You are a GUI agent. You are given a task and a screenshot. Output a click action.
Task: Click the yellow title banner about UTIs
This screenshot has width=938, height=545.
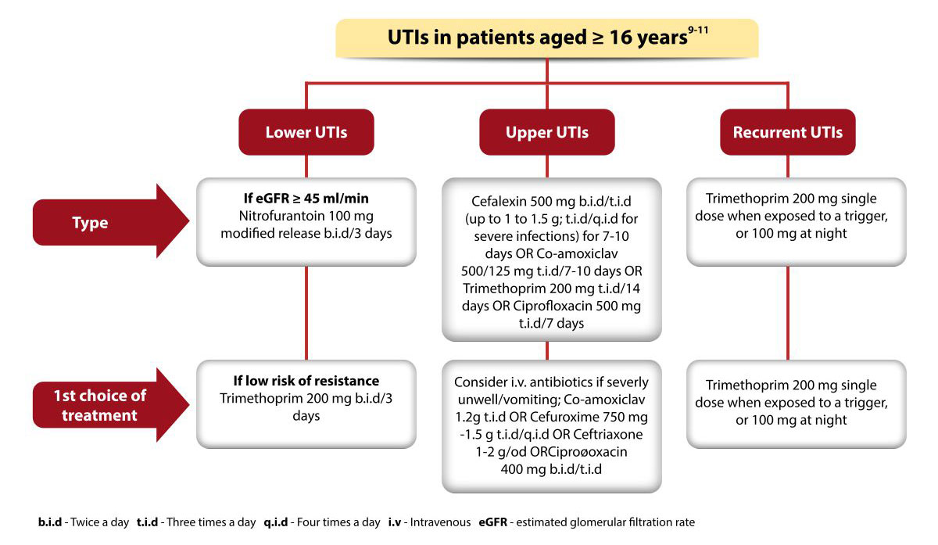tap(547, 38)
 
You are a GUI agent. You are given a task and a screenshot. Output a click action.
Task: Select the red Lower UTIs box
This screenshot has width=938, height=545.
tap(306, 132)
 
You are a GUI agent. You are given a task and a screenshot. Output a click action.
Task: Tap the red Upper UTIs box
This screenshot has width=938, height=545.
tap(547, 132)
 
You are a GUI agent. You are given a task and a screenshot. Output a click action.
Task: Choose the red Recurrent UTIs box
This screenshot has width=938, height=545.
tap(788, 132)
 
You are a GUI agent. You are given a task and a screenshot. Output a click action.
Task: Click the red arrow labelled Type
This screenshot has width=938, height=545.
tap(111, 221)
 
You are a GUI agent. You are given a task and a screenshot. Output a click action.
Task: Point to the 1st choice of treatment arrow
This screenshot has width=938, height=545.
tap(111, 405)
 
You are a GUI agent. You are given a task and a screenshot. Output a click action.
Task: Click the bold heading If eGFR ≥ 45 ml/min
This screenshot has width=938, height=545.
tap(306, 198)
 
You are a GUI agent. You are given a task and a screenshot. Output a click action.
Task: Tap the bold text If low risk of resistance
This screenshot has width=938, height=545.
tap(306, 380)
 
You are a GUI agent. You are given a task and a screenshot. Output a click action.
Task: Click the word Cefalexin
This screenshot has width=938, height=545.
tap(499, 201)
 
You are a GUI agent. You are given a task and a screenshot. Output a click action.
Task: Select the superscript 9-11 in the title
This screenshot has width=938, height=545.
tap(698, 30)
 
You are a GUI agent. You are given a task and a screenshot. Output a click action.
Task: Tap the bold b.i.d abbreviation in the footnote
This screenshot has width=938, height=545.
tap(50, 522)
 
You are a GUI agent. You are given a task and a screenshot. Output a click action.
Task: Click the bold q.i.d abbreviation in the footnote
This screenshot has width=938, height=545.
tap(275, 522)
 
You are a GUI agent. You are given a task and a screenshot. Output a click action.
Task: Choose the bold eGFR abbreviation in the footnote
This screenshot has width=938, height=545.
tap(493, 522)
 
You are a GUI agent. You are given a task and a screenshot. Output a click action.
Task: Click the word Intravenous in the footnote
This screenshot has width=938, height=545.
tap(440, 522)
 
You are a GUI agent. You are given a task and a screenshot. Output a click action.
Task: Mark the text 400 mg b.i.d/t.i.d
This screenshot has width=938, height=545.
tap(551, 468)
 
